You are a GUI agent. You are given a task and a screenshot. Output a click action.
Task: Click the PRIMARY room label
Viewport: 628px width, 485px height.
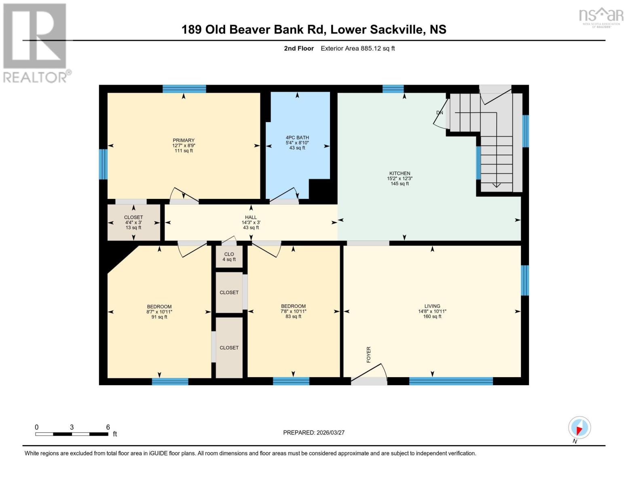[x=184, y=141]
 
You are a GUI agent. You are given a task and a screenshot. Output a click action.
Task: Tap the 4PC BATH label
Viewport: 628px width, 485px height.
[x=297, y=138]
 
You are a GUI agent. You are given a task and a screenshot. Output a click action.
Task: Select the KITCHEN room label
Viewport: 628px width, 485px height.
[x=400, y=173]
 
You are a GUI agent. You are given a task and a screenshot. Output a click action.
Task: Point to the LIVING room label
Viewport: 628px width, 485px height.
[x=432, y=306]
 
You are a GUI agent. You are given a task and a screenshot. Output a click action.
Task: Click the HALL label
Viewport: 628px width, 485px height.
[x=251, y=217]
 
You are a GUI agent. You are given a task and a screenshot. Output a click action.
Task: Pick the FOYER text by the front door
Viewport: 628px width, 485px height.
[x=368, y=354]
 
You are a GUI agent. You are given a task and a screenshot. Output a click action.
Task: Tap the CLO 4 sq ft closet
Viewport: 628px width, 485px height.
[x=229, y=257]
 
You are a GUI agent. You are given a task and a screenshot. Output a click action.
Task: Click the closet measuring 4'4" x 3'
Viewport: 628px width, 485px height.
[x=133, y=222]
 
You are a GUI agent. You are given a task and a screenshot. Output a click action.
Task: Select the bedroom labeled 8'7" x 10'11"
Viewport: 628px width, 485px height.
[x=159, y=311]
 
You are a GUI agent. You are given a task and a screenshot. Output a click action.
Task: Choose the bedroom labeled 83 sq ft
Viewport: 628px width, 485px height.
[x=293, y=311]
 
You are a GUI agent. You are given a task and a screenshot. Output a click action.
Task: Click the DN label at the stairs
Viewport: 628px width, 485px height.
[x=440, y=113]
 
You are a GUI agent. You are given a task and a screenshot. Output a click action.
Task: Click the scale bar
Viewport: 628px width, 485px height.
[x=72, y=434]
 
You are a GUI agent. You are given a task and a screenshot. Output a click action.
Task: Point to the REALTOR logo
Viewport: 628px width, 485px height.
[x=36, y=42]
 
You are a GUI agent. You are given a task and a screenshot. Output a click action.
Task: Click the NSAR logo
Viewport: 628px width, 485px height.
[x=601, y=16]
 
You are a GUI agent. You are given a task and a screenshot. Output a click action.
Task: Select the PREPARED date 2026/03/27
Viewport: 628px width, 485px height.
[x=314, y=432]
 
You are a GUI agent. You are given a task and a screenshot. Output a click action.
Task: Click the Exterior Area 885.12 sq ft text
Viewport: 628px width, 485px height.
[x=357, y=48]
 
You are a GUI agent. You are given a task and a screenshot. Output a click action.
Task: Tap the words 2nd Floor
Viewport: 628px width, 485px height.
[x=299, y=48]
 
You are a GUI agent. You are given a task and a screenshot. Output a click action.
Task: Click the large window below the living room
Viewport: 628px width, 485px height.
[x=451, y=381]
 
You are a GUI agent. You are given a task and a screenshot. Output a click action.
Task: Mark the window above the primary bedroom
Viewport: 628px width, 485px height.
[x=184, y=89]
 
